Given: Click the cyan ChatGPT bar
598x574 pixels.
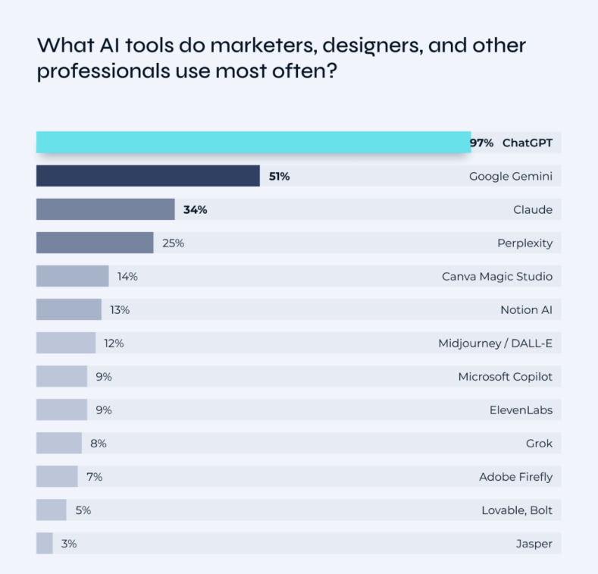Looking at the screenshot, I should point(253,142).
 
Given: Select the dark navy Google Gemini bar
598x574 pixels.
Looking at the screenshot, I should point(148,176).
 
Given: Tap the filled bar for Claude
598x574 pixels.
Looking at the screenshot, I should point(105,209).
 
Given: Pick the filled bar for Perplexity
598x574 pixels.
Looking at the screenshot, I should point(95,243).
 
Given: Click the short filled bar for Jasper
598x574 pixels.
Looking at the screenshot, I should point(45,543).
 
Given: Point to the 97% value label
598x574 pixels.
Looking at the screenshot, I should point(481,143).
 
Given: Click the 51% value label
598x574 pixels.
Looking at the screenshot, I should point(279,177).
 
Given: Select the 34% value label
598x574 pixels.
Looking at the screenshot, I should point(195,210).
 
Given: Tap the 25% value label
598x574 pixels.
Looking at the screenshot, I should point(173,243).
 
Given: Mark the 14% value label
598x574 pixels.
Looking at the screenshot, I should point(127,277).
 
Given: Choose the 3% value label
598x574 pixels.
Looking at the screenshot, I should point(69,544).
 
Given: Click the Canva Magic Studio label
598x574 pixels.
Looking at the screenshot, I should point(497,277).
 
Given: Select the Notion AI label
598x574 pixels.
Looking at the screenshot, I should point(526,310).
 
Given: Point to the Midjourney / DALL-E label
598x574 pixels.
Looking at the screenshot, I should point(495,343).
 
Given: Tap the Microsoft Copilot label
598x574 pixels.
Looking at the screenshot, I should point(505,377).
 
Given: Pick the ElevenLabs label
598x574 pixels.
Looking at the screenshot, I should point(521,410).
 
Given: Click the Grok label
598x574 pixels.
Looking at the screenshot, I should point(538,444).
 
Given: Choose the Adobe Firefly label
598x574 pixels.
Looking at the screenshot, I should point(515,477).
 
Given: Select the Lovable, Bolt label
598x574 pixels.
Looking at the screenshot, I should point(517,510).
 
